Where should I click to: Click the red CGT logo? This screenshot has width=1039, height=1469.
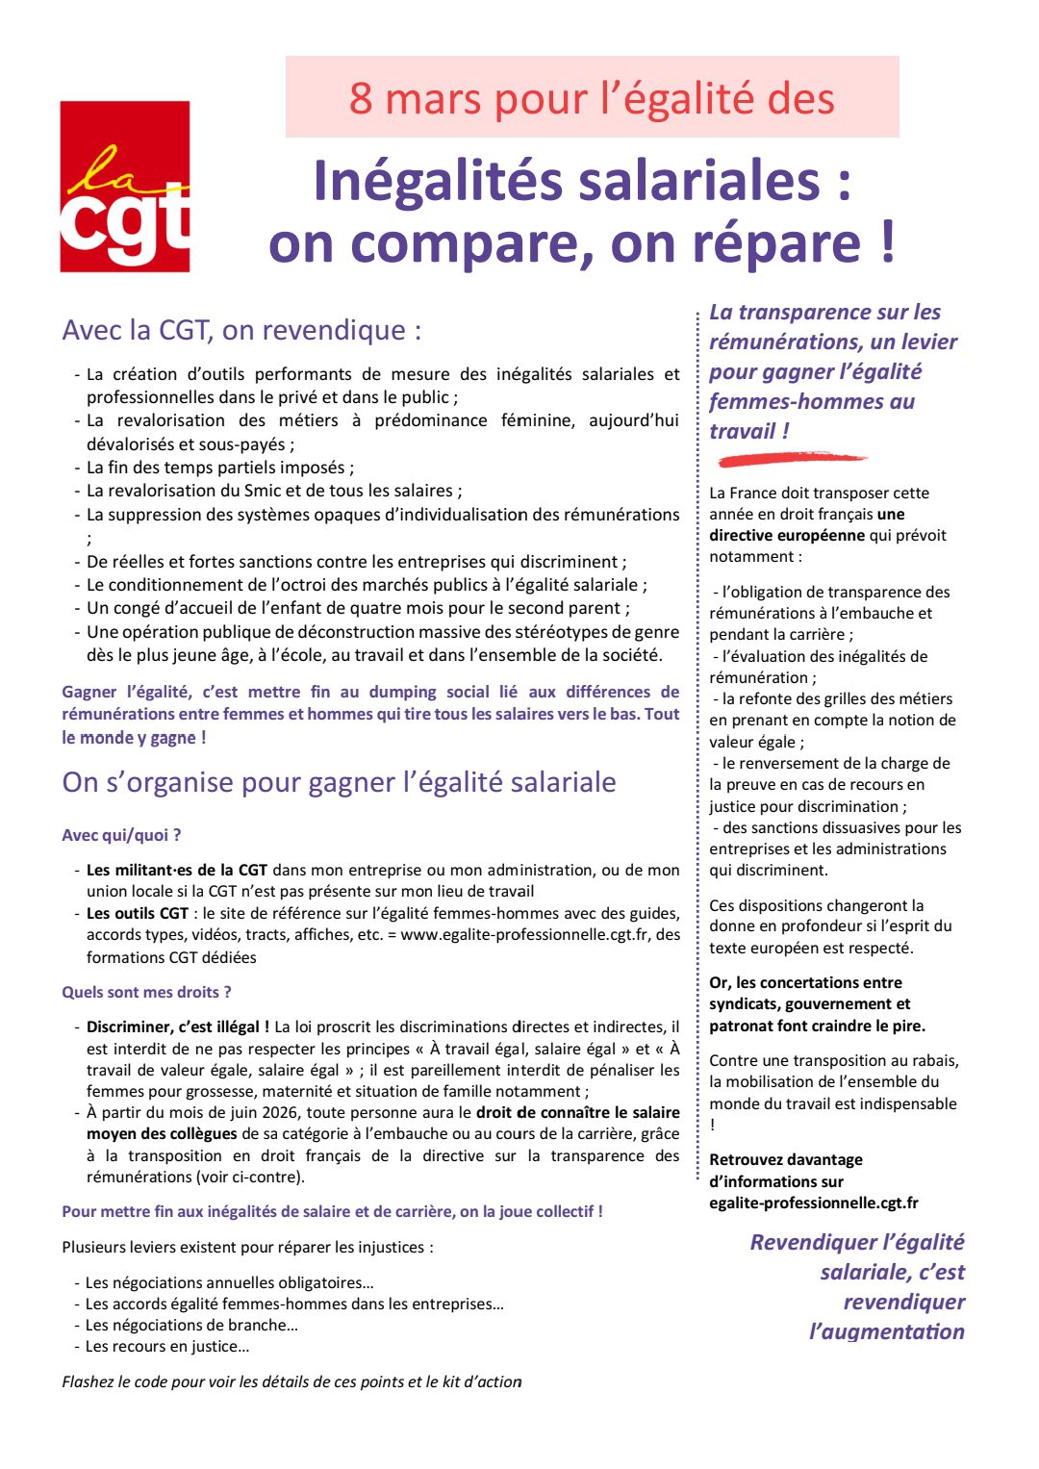coord(125,187)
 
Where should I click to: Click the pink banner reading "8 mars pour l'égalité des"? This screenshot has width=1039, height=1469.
coord(592,97)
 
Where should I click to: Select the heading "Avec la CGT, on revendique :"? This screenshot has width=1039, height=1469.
coord(241,330)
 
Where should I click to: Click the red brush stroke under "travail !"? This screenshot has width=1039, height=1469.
coord(791,459)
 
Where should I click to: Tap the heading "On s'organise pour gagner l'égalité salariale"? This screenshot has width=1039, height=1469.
coord(339,782)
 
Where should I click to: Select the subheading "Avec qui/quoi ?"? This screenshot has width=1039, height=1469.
coord(121,835)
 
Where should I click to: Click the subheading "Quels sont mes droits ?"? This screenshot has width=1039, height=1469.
coord(146,992)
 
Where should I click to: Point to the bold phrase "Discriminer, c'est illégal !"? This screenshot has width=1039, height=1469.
coord(178,1026)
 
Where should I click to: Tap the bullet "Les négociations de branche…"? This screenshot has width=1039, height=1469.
coord(191,1325)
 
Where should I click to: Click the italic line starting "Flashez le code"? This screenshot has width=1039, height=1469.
coord(291,1381)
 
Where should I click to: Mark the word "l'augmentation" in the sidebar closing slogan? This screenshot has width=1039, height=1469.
coord(886,1331)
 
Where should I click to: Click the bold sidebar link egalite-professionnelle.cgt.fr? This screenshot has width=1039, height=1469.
coord(813,1203)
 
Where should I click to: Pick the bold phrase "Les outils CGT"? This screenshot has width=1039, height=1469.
coord(138,913)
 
